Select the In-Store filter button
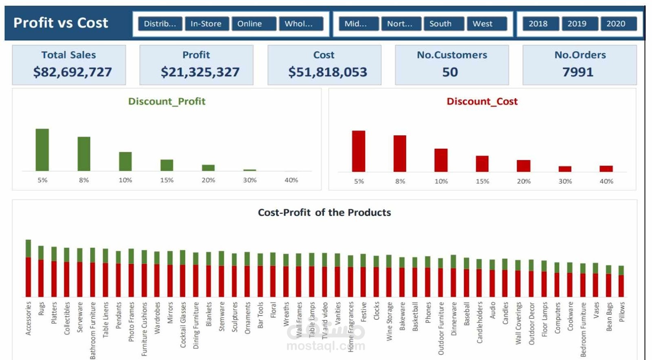pos(207,24)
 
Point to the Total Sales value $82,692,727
pos(73,72)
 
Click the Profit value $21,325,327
pos(200,72)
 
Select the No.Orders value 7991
pos(578,72)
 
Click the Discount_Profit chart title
pos(167,102)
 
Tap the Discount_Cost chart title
pos(482,102)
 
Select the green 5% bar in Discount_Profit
pos(42,150)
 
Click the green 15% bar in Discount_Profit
pos(167,165)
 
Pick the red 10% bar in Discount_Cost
pos(441,160)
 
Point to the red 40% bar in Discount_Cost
pos(606,168)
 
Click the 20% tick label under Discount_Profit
pos(208,180)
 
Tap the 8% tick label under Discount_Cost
pos(400,181)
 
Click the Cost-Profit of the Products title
pos(324,212)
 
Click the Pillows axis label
pos(622,312)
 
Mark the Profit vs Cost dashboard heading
pos(61,23)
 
